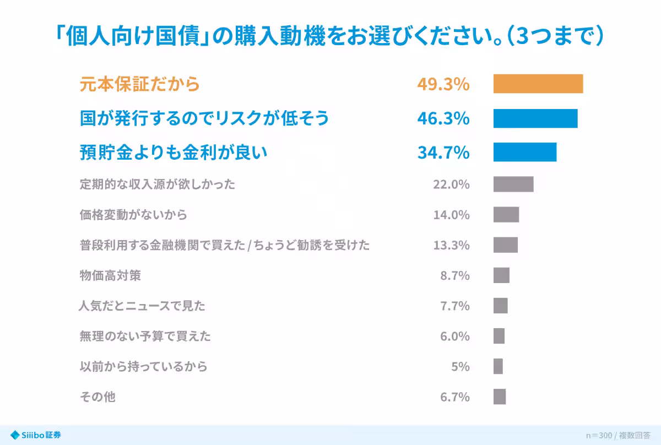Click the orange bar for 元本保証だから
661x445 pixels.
(538, 84)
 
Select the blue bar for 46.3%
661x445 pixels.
(535, 118)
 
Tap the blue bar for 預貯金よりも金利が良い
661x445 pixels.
(525, 152)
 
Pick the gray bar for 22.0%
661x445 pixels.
(513, 184)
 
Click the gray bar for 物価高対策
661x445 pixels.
(501, 275)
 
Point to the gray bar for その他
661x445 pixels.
(500, 397)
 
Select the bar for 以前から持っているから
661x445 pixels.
(498, 366)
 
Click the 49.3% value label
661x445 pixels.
(443, 84)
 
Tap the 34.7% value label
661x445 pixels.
(443, 152)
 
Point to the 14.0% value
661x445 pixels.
(451, 215)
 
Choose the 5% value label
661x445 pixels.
(460, 366)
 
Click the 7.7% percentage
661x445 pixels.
(455, 306)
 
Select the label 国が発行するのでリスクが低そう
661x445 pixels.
(204, 118)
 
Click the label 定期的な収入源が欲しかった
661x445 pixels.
(158, 184)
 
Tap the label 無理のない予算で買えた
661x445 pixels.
(145, 336)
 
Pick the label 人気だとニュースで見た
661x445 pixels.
(142, 306)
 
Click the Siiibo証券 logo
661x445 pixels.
(35, 435)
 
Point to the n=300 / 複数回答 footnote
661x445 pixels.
(618, 435)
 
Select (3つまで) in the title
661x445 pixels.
(555, 36)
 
